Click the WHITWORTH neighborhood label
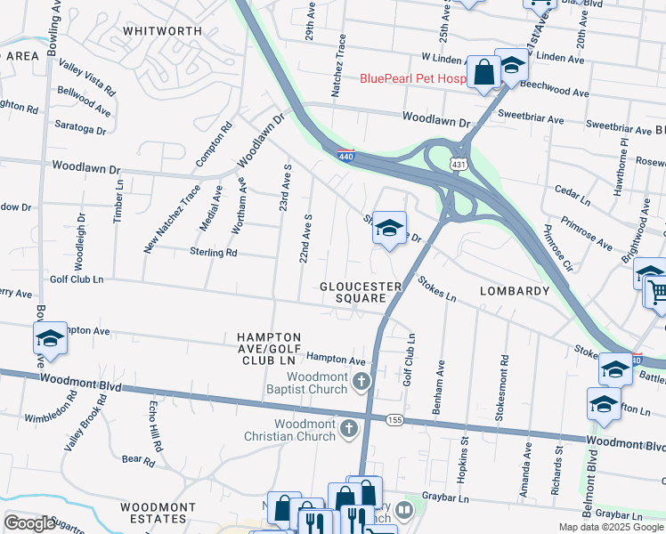162,30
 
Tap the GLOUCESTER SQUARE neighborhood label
353,292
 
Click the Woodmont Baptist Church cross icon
361,383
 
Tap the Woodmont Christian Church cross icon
348,429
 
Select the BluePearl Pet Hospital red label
412,78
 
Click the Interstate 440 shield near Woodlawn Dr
346,156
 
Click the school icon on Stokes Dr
389,229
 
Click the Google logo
29,524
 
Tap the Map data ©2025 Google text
611,527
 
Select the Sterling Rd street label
213,253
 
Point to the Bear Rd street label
139,460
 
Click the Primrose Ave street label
586,232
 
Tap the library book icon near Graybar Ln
405,510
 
